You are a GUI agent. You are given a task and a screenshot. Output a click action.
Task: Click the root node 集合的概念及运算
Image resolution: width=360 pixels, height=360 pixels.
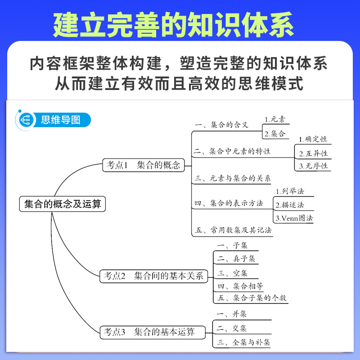pyautogui.click(x=63, y=204)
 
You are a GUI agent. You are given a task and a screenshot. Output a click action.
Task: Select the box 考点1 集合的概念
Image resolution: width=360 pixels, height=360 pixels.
pyautogui.click(x=143, y=165)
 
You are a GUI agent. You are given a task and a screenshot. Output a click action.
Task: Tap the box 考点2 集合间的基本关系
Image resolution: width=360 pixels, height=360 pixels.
pyautogui.click(x=153, y=276)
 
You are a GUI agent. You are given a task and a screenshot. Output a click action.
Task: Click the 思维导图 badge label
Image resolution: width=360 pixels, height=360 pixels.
pyautogui.click(x=60, y=120)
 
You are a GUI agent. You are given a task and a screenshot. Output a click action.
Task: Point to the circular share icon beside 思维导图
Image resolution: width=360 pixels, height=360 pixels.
pyautogui.click(x=26, y=120)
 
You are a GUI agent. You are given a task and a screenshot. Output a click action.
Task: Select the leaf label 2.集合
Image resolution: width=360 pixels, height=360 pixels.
pyautogui.click(x=274, y=133)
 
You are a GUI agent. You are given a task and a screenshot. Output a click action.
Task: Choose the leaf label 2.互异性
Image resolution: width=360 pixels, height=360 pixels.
pyautogui.click(x=313, y=153)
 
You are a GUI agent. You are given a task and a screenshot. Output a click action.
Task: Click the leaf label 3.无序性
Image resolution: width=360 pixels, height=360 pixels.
pyautogui.click(x=313, y=166)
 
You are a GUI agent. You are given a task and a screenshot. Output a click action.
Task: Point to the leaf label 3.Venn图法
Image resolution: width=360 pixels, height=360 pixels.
pyautogui.click(x=293, y=218)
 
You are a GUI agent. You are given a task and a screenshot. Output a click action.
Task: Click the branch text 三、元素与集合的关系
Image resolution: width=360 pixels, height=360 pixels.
pyautogui.click(x=232, y=178)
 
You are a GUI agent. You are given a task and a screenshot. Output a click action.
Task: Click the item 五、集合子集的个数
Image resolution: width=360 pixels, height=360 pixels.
pyautogui.click(x=252, y=298)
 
